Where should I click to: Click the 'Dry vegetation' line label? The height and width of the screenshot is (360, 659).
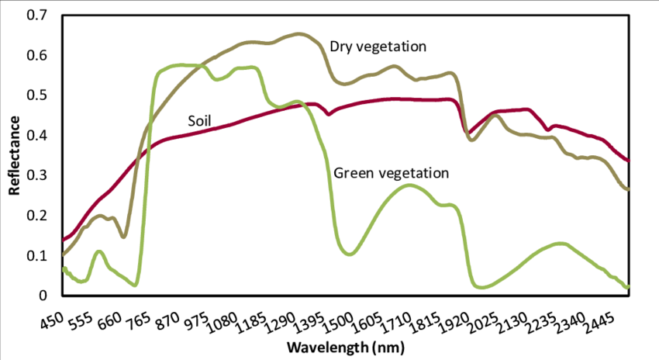point(378,47)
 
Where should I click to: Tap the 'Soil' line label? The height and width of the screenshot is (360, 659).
point(199,120)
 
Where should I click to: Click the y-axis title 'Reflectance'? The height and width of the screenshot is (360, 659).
point(14,155)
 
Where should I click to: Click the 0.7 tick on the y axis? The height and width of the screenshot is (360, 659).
point(36,16)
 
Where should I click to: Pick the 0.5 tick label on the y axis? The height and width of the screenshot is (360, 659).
point(36,95)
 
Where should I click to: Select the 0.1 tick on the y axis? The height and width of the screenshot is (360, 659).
point(36,255)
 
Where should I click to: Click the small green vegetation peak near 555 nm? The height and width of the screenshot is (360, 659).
point(99,251)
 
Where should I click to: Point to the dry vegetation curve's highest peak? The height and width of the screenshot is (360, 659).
point(299,34)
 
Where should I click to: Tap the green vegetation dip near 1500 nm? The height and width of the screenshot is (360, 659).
point(350,254)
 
